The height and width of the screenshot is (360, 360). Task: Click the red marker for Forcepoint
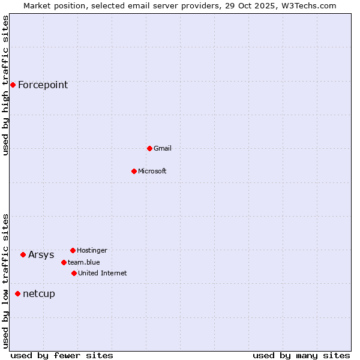[13, 85]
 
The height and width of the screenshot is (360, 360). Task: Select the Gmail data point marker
[149, 148]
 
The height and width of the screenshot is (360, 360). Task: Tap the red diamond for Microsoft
[134, 171]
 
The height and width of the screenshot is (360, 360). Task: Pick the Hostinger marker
[73, 250]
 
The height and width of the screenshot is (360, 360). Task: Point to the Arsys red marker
[23, 254]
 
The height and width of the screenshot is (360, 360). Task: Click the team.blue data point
[64, 262]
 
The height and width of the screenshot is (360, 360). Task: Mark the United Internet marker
[74, 273]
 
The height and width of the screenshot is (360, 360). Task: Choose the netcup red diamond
[17, 293]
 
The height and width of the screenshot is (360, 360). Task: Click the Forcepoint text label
[43, 85]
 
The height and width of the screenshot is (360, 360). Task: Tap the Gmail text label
[163, 148]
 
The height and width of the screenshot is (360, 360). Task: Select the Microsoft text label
[152, 171]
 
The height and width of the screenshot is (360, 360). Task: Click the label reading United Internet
[103, 273]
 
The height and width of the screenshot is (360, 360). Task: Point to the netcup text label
[39, 293]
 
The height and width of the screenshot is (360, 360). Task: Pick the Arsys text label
[41, 254]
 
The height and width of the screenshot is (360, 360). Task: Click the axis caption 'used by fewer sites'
[62, 355]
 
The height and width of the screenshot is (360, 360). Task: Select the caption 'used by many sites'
[301, 355]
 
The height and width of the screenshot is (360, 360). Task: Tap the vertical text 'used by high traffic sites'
[5, 85]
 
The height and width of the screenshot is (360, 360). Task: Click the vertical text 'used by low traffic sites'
[5, 281]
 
